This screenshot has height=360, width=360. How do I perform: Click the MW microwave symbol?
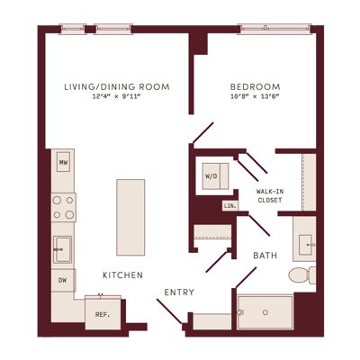click(63, 162)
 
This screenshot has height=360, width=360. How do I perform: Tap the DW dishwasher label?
click(62, 281)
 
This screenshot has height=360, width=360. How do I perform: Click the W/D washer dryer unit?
click(215, 176)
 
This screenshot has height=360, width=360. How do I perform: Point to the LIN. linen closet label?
click(230, 206)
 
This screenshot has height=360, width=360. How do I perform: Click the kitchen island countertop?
click(130, 218)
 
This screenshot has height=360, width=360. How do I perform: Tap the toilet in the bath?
click(302, 274)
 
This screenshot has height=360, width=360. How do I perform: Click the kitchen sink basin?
click(62, 249)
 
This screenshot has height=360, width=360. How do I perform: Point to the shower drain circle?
click(265, 312)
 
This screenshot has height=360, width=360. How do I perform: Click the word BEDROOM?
click(255, 87)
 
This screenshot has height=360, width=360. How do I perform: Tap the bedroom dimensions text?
click(255, 96)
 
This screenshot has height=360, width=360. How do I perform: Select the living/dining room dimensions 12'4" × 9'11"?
click(117, 96)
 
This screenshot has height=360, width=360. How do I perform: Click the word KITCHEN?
click(122, 275)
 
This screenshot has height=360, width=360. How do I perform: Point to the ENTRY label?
click(179, 292)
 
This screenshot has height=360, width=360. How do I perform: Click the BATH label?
click(265, 256)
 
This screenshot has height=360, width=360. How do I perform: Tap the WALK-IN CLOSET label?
click(270, 195)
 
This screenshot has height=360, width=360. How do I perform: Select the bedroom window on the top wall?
click(274, 29)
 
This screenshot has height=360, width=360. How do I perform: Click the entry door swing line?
click(169, 311)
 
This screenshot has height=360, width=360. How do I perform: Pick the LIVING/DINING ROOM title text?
click(117, 87)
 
